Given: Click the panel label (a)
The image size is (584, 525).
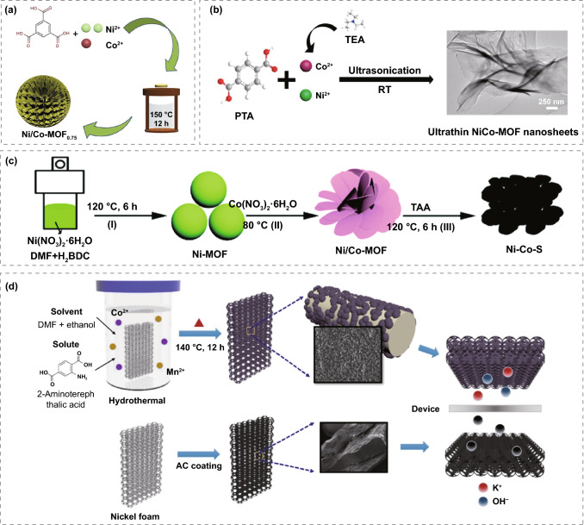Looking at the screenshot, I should coord(15,11).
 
